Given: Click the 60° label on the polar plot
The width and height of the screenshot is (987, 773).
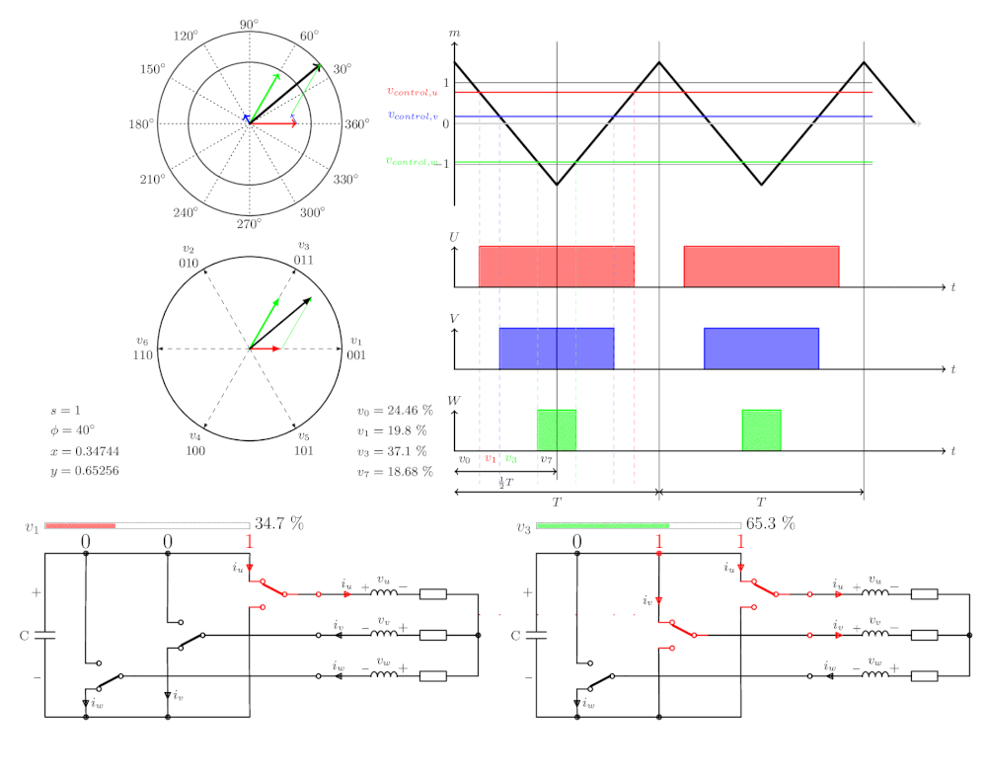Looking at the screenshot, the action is pyautogui.click(x=309, y=36).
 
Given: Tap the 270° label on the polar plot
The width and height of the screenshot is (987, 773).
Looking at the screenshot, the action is pyautogui.click(x=250, y=224).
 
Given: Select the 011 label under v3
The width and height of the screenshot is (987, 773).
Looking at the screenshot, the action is pyautogui.click(x=303, y=260).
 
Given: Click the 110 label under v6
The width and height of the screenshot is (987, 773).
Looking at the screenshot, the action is pyautogui.click(x=143, y=355).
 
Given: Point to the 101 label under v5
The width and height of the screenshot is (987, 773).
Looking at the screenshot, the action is pyautogui.click(x=303, y=451).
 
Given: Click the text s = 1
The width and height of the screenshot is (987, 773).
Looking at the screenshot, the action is pyautogui.click(x=65, y=411).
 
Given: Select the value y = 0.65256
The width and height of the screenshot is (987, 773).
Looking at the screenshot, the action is pyautogui.click(x=85, y=471).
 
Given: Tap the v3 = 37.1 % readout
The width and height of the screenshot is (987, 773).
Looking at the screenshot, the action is pyautogui.click(x=392, y=451).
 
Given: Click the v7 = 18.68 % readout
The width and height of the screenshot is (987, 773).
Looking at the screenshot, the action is pyautogui.click(x=396, y=472).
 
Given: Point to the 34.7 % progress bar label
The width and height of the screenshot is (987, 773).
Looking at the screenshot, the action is pyautogui.click(x=279, y=524).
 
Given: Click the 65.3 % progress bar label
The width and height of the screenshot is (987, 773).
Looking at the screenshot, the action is pyautogui.click(x=771, y=524).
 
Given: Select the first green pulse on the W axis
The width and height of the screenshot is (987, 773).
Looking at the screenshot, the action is pyautogui.click(x=557, y=430).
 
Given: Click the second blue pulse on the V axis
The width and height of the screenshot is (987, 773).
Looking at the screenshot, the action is pyautogui.click(x=762, y=348).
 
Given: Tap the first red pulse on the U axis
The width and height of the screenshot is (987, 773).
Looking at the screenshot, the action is pyautogui.click(x=557, y=267).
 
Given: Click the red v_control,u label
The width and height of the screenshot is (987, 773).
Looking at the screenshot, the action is pyautogui.click(x=413, y=91).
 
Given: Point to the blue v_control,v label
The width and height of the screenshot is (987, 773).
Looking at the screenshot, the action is pyautogui.click(x=413, y=116).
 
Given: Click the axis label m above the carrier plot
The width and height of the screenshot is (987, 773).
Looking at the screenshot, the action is pyautogui.click(x=454, y=33).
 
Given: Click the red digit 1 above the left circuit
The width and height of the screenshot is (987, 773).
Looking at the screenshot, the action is pyautogui.click(x=250, y=541).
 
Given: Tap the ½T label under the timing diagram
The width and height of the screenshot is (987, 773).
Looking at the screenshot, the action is pyautogui.click(x=506, y=483).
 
